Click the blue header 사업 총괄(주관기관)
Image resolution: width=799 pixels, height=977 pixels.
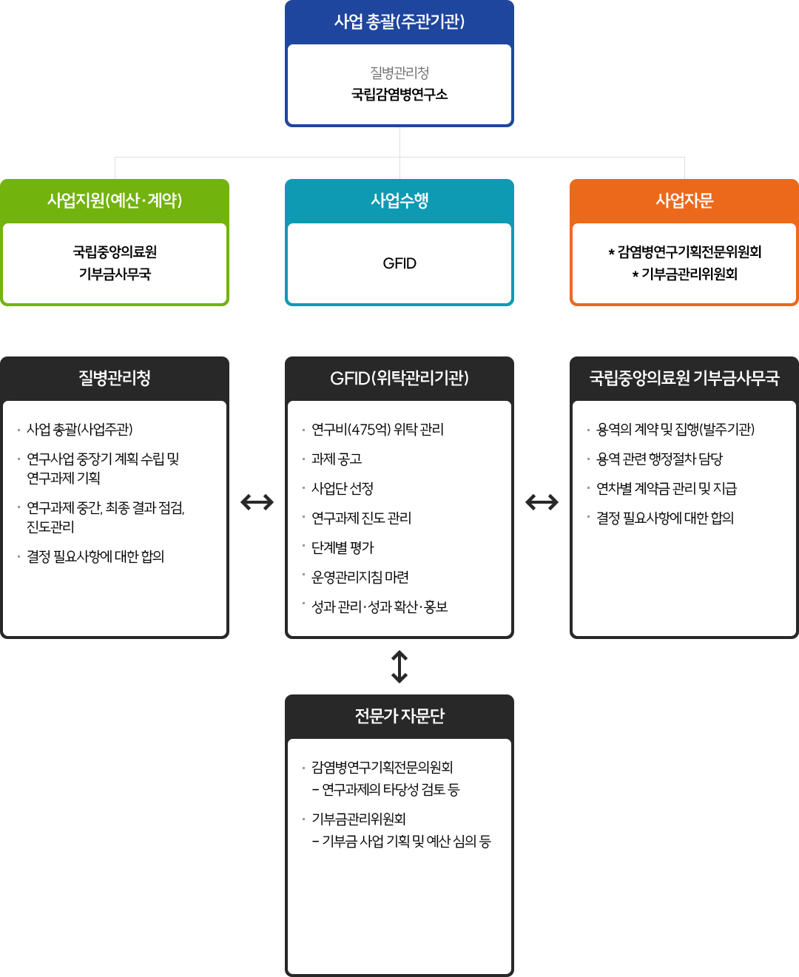[399, 21]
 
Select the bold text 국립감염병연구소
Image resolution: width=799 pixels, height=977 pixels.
[399, 95]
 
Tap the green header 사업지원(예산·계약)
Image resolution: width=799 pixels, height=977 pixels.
[115, 200]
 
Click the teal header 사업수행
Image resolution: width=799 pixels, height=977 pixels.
[399, 200]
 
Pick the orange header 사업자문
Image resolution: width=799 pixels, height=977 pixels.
[684, 200]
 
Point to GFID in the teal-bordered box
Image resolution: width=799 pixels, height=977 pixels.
[399, 263]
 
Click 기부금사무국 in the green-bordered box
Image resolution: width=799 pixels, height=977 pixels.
[115, 274]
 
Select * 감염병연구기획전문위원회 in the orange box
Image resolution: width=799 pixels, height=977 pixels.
[684, 252]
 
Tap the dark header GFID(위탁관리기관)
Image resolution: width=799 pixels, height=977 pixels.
[399, 378]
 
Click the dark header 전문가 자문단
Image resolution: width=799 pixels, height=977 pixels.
[399, 716]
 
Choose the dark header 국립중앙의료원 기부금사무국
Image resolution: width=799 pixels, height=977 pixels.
[684, 378]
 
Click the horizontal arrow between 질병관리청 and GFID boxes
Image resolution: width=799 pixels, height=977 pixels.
[257, 502]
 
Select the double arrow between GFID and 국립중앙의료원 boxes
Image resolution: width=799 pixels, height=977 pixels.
[542, 502]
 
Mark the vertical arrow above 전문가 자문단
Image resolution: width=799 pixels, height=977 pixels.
[399, 667]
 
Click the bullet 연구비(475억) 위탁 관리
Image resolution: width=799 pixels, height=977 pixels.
[377, 430]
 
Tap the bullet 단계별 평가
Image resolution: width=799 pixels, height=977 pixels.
[343, 547]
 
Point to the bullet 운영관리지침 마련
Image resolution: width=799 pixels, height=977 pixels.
[360, 577]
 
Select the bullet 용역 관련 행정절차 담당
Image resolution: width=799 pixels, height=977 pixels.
[659, 459]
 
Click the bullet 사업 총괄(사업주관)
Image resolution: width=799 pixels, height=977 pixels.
[80, 430]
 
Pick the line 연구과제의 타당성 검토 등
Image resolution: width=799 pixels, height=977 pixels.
[385, 789]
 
